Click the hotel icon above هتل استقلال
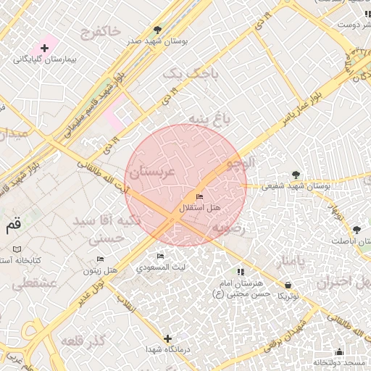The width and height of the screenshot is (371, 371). (199, 197)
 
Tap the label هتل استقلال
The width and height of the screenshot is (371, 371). (200, 209)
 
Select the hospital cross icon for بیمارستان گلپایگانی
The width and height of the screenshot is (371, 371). (45, 49)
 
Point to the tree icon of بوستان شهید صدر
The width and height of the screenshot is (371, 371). (158, 30)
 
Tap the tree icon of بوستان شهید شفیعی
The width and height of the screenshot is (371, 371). (296, 174)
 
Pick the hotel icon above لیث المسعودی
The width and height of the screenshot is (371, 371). (160, 256)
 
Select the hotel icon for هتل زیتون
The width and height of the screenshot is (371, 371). (101, 259)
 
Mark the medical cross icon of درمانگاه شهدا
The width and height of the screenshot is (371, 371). (168, 338)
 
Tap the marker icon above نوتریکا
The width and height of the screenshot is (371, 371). (289, 284)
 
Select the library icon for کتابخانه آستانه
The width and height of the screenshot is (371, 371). (17, 249)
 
